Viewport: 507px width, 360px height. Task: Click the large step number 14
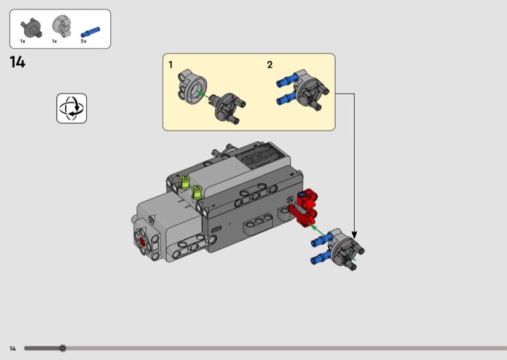pyautogui.click(x=18, y=62)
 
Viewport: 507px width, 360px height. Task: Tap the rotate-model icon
pyautogui.click(x=72, y=108)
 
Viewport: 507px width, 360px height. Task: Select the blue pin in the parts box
pyautogui.click(x=90, y=32)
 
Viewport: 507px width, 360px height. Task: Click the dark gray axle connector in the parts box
pyautogui.click(x=32, y=28)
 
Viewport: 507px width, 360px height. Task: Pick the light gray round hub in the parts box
pyautogui.click(x=61, y=26)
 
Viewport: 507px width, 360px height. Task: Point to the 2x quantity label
pyautogui.click(x=84, y=41)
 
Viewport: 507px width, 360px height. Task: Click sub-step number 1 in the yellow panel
pyautogui.click(x=170, y=65)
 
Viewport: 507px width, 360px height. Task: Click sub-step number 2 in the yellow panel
pyautogui.click(x=270, y=65)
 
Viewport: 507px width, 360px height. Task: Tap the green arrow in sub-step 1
pyautogui.click(x=203, y=94)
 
